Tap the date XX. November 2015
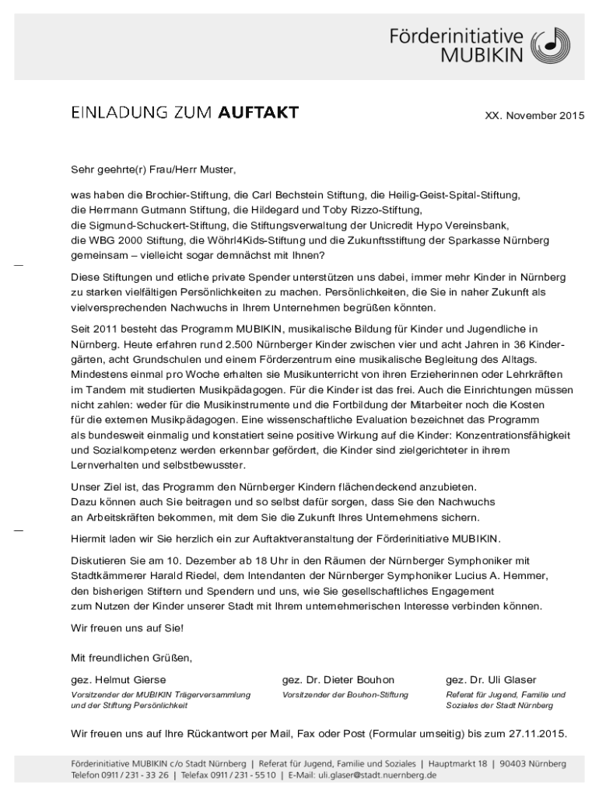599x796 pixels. [x=534, y=116]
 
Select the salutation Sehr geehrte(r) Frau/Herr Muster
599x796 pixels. [x=152, y=168]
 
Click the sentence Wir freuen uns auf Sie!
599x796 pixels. [x=127, y=627]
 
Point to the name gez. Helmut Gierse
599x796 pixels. [x=118, y=679]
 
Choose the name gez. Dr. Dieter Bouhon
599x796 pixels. [x=338, y=679]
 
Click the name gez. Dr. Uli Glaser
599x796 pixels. [x=491, y=679]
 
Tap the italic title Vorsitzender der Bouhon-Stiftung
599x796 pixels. [x=345, y=694]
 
